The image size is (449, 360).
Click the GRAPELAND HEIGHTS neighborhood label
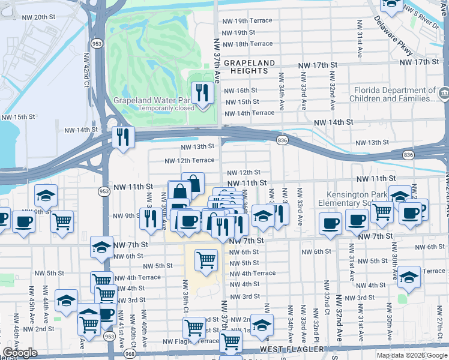[249, 67]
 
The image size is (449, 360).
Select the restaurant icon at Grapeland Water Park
[202, 92]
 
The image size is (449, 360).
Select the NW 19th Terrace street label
[247, 20]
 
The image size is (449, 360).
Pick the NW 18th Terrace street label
[247, 44]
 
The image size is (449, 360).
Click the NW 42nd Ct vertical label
[86, 69]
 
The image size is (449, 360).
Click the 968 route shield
[130, 355]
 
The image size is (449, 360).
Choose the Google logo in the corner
[20, 353]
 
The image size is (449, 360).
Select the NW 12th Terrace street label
[190, 160]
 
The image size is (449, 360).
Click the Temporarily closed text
[166, 108]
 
